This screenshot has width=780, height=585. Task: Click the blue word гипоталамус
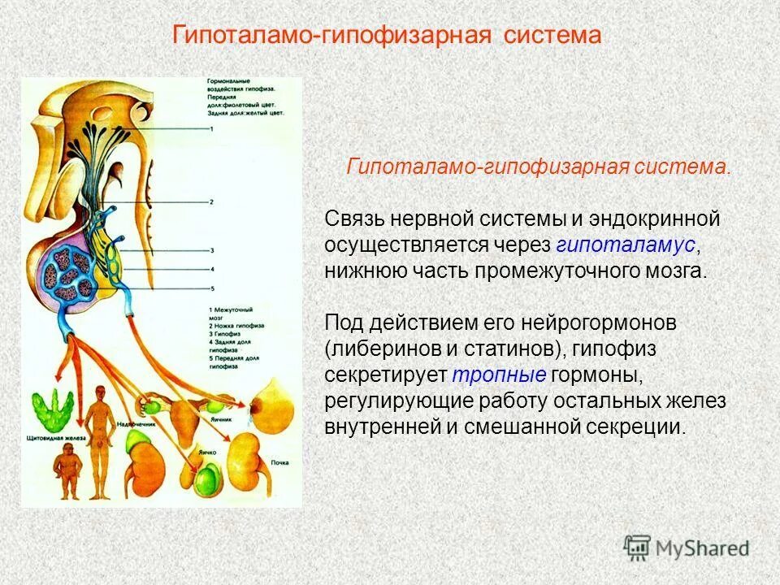point(626,245)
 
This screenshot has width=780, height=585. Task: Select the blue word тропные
point(498,375)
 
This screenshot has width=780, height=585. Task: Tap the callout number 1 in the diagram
point(211,129)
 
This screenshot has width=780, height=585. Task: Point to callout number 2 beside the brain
point(211,201)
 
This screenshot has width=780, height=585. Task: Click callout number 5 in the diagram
point(211,288)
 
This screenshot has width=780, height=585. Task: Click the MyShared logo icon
point(637,548)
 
